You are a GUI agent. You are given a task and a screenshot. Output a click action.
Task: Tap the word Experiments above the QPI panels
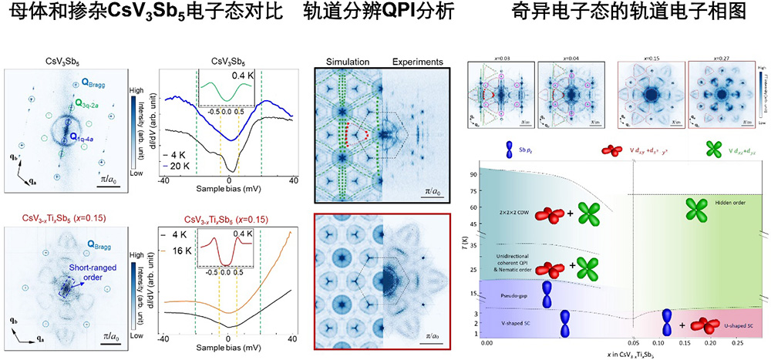click(x=417, y=62)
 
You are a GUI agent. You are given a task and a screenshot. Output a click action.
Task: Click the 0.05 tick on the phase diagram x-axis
click(x=633, y=342)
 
